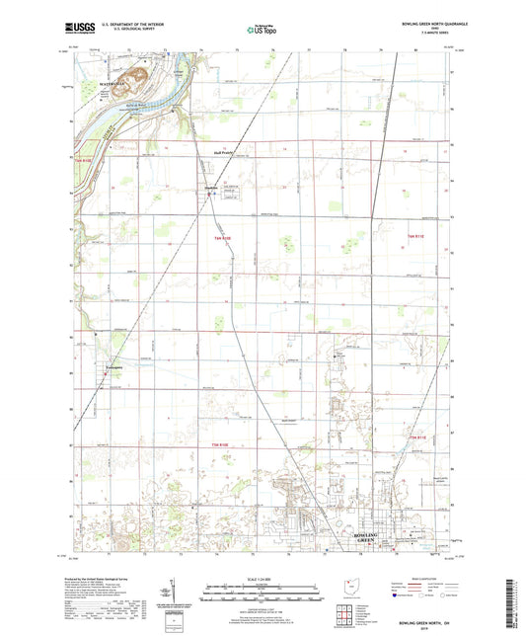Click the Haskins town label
(x=209, y=188)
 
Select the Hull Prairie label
(x=226, y=153)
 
